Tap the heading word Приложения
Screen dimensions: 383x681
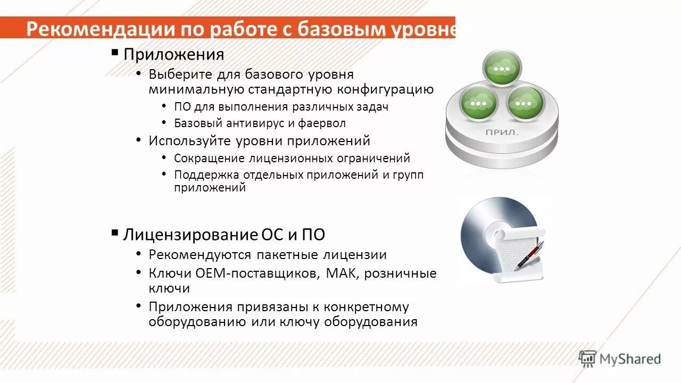point(173,54)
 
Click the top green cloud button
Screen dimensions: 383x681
point(501,69)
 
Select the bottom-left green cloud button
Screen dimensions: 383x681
point(478,103)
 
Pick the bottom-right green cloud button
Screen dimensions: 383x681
point(525,103)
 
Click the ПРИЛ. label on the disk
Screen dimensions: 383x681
point(501,132)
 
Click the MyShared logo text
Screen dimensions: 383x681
point(629,359)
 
